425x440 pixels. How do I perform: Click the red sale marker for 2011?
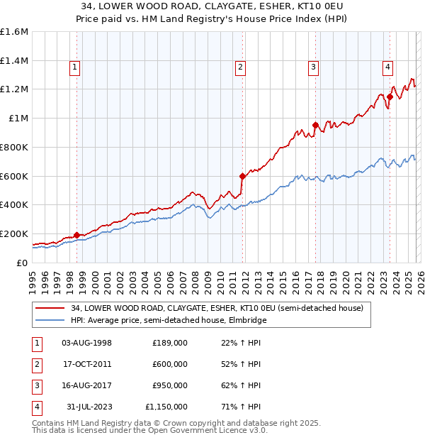pyautogui.click(x=242, y=176)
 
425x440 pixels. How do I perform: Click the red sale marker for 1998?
pyautogui.click(x=76, y=235)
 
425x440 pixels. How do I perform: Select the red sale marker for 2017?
pyautogui.click(x=315, y=125)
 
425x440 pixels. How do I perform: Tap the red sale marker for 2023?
pyautogui.click(x=390, y=96)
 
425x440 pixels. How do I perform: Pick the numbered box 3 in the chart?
pyautogui.click(x=313, y=67)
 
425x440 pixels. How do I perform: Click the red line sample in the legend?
pyautogui.click(x=50, y=308)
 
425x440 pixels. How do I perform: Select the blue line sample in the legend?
pyautogui.click(x=50, y=320)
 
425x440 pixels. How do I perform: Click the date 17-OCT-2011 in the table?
pyautogui.click(x=86, y=364)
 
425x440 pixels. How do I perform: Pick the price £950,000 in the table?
pyautogui.click(x=169, y=385)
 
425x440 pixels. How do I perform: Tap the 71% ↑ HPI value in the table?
pyautogui.click(x=240, y=407)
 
